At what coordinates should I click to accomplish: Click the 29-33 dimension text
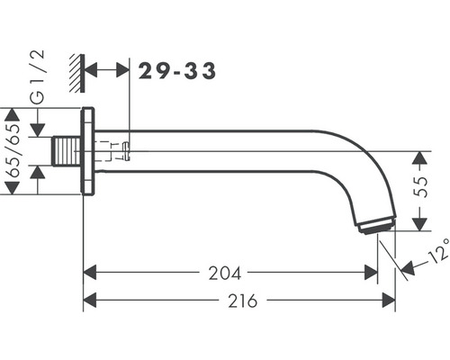[x=177, y=71]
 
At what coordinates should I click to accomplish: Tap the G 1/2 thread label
[x=38, y=76]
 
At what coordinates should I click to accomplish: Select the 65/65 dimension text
[x=13, y=151]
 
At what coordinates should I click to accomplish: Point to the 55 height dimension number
[x=421, y=187]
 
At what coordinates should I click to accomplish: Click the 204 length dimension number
[x=225, y=274]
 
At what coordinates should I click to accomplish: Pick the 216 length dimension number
[x=243, y=301]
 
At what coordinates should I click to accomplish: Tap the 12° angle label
[x=438, y=251]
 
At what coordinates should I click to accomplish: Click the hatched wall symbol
[x=77, y=74]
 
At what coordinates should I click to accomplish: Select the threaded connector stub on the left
[x=67, y=151]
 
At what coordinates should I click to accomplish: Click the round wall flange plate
[x=88, y=151]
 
